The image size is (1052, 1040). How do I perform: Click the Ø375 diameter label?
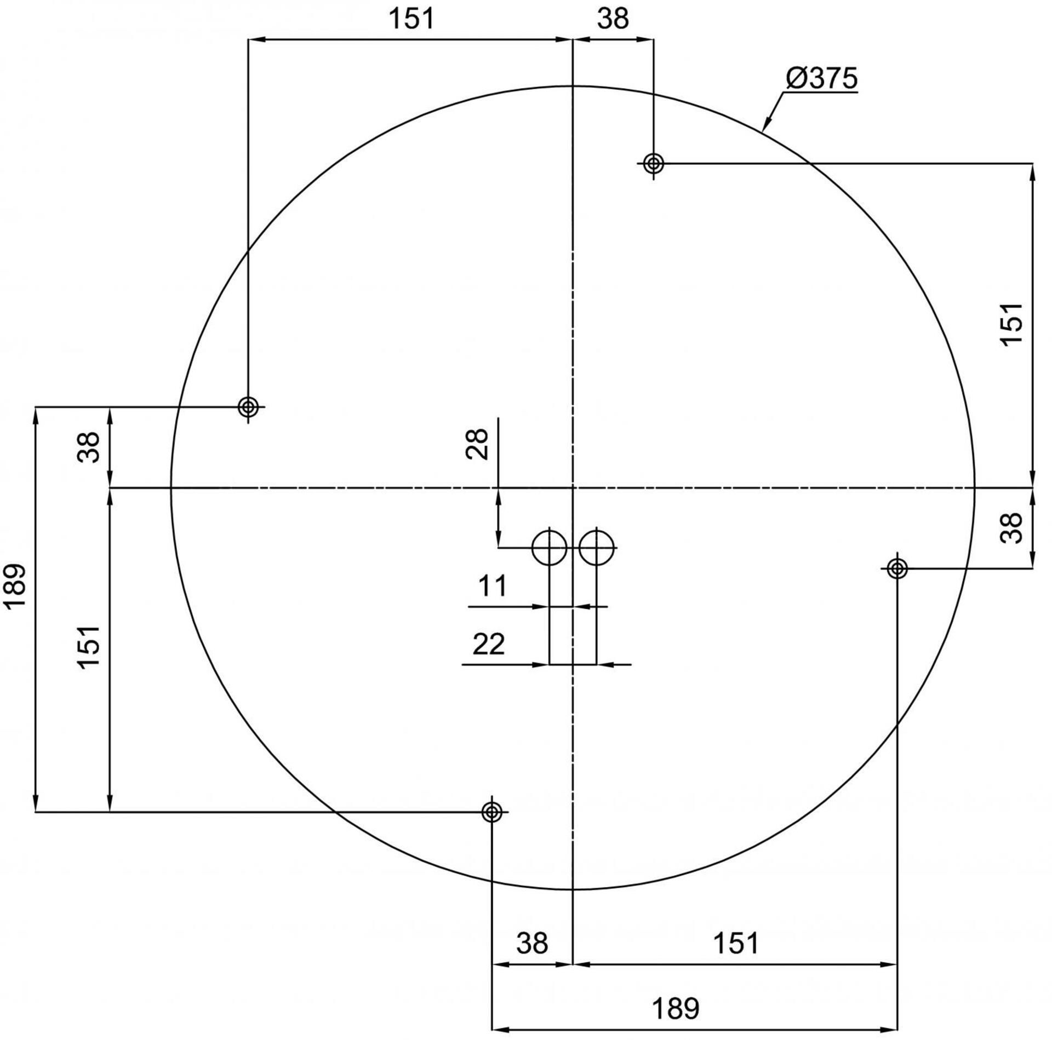tap(821, 79)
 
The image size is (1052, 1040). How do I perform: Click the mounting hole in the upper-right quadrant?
tap(653, 163)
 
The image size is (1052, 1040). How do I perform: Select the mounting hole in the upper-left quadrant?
tap(248, 407)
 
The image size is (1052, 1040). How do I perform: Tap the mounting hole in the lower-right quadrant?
tap(897, 569)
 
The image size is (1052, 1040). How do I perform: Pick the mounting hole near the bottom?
tap(492, 812)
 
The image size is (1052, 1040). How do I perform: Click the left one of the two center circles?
tap(549, 547)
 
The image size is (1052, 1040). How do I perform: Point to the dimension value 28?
tap(477, 444)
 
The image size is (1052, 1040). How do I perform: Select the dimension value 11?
tap(493, 587)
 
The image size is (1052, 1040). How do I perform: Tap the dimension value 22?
tap(488, 645)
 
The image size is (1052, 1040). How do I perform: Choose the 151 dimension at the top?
tap(411, 19)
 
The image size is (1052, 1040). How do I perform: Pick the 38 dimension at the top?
tap(613, 19)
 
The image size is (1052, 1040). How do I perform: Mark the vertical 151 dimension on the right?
tap(1012, 324)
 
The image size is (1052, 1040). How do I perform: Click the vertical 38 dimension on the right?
tap(1012, 528)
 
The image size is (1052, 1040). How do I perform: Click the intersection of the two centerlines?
tap(573, 487)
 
